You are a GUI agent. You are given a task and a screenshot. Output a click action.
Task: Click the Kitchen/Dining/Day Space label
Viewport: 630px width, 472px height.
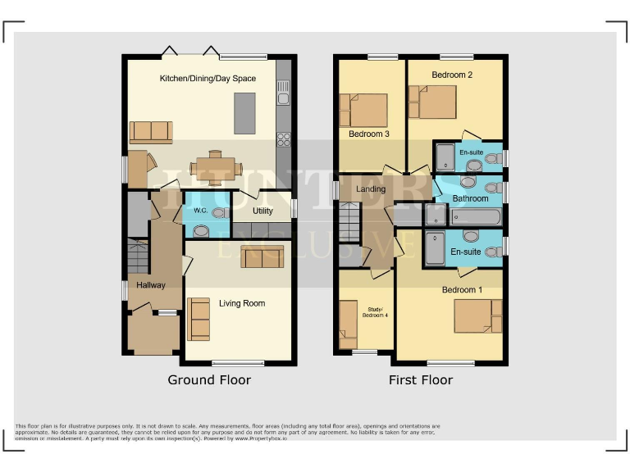tap(207, 79)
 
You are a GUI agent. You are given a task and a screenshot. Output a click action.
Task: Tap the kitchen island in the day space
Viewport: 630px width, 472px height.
tap(244, 113)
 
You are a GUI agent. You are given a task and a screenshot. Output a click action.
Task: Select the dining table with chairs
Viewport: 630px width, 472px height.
tap(216, 168)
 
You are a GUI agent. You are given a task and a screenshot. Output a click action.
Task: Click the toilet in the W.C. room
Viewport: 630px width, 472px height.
tap(218, 213)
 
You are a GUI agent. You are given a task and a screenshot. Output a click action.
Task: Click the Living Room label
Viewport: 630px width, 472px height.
tap(241, 303)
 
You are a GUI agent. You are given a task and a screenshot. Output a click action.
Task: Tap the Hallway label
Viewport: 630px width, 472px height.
tap(151, 285)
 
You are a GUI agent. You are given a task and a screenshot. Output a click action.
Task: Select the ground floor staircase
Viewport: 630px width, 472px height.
tap(138, 256)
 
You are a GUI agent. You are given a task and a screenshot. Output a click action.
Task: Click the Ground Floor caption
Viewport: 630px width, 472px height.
tap(209, 380)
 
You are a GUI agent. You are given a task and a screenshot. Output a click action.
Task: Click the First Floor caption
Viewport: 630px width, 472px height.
tap(421, 380)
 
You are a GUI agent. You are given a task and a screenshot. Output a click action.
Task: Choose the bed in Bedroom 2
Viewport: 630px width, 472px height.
tap(432, 102)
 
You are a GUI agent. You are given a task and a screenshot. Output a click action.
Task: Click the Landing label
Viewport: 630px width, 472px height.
tap(371, 189)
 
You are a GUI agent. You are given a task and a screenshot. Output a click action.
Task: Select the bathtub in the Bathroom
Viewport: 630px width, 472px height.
tap(475, 217)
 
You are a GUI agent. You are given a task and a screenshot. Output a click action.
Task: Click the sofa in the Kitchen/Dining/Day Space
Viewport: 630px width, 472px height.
tap(151, 131)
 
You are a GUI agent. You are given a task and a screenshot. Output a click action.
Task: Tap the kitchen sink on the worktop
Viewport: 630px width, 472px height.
tap(283, 99)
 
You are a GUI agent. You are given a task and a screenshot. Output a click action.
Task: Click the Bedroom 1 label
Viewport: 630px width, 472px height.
tap(462, 290)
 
